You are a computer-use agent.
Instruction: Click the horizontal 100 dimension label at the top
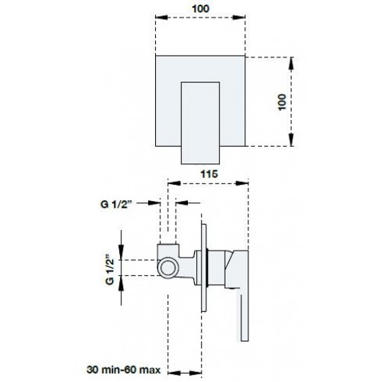[x=201, y=8]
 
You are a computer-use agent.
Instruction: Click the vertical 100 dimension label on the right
[x=282, y=102]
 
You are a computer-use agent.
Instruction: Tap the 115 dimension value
[x=209, y=174]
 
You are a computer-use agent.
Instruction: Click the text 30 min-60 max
[x=124, y=370]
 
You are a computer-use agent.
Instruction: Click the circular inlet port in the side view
[x=167, y=268]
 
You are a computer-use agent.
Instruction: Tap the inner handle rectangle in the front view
[x=200, y=123]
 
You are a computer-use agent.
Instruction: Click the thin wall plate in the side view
[x=204, y=267]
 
